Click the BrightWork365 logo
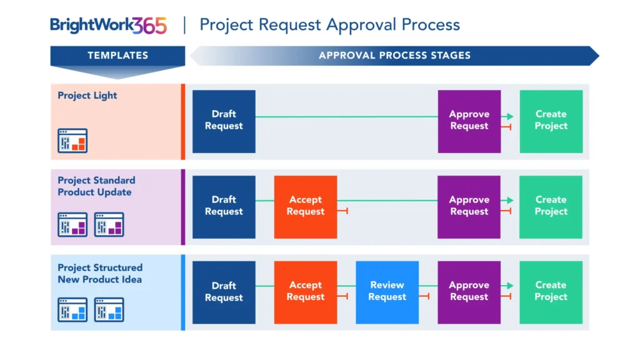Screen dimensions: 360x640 108,25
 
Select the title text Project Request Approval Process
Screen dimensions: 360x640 329,25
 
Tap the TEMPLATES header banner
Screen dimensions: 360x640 117,55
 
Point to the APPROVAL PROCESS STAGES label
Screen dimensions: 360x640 394,55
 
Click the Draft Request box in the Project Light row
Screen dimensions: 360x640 224,121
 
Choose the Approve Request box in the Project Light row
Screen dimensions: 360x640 469,121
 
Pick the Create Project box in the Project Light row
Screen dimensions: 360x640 551,121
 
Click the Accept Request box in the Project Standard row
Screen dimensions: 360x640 306,206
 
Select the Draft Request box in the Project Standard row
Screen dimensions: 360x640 224,206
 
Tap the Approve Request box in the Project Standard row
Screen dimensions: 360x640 469,206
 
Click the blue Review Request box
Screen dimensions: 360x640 387,292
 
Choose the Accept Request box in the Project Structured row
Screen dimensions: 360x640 306,292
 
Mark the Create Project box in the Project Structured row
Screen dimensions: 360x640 551,292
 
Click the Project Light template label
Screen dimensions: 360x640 87,96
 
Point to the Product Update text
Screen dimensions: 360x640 94,192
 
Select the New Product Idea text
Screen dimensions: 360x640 99,279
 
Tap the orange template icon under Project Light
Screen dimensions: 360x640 72,141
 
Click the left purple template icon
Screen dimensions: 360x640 72,224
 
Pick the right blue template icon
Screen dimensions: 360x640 109,309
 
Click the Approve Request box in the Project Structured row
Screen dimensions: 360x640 469,292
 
